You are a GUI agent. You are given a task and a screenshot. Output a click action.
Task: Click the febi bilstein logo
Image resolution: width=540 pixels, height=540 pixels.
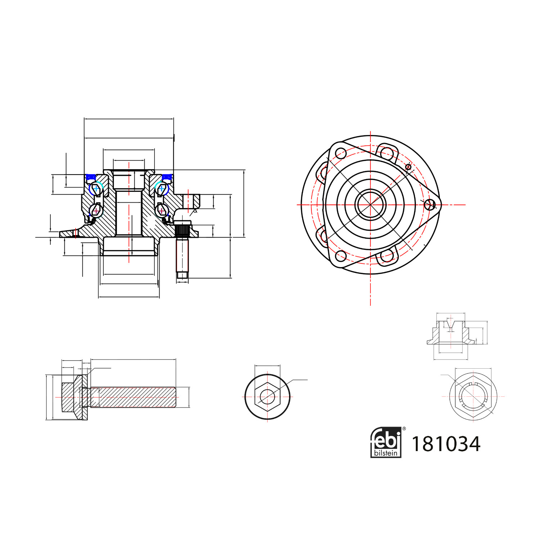click(x=386, y=442)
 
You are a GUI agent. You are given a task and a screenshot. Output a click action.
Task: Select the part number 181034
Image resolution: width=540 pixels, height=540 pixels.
click(x=446, y=444)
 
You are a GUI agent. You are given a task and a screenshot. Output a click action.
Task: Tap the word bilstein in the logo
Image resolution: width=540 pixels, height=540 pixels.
click(x=386, y=453)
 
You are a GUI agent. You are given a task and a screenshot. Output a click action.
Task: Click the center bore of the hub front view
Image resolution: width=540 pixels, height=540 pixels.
click(x=370, y=204)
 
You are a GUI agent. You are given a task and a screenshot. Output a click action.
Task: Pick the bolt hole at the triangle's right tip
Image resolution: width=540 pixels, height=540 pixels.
click(x=430, y=204)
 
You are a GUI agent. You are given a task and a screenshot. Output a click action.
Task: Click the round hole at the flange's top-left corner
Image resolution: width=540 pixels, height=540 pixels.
click(x=341, y=153)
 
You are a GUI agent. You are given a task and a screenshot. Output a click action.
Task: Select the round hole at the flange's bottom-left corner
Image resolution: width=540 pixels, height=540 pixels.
click(x=341, y=256)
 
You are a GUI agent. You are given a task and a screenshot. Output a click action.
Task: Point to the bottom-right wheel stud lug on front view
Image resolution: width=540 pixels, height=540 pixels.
click(x=386, y=256)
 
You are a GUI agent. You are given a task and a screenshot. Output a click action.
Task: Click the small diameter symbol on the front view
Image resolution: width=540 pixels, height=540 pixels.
click(x=408, y=167)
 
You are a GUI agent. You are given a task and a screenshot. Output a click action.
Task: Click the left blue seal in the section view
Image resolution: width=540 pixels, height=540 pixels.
click(x=91, y=177)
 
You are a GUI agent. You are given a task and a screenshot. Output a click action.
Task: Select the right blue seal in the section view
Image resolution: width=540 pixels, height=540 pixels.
click(x=166, y=177)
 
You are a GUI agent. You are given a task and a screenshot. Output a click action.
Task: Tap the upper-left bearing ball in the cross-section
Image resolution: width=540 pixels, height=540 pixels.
click(x=96, y=188)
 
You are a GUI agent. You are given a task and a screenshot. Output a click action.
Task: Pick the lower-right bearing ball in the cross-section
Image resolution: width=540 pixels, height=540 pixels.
click(x=162, y=210)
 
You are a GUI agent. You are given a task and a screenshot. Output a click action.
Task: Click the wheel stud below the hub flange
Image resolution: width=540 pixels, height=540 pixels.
click(x=183, y=256)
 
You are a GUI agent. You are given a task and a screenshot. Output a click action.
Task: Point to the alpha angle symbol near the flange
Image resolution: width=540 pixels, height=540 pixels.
click(x=195, y=211)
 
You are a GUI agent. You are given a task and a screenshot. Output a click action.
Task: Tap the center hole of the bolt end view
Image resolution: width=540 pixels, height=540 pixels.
click(x=267, y=397)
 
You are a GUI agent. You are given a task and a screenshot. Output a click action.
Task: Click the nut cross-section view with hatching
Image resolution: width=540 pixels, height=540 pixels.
click(x=450, y=333)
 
